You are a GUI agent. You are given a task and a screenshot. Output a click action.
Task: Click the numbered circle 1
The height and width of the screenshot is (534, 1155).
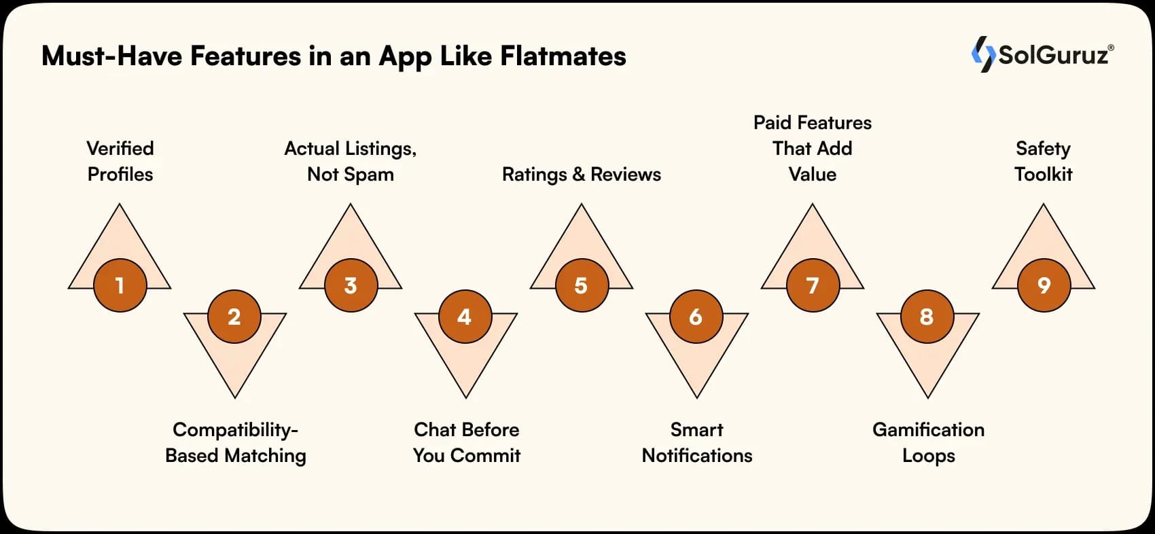120,285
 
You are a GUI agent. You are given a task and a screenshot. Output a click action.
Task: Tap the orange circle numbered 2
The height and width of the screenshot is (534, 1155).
234,317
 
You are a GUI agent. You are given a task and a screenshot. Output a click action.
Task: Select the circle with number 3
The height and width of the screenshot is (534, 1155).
351,285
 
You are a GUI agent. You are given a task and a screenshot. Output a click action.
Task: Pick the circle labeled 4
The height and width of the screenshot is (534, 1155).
465,317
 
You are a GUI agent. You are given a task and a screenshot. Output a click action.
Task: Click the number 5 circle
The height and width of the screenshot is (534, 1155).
582,285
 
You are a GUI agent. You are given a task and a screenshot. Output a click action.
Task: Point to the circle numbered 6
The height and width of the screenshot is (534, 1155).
696,317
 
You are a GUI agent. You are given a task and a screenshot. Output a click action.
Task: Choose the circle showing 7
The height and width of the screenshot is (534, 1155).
813,285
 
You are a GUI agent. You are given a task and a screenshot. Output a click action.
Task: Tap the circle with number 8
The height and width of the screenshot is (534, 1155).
927,317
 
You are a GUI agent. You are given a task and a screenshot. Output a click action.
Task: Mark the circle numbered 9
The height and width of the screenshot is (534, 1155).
1044,285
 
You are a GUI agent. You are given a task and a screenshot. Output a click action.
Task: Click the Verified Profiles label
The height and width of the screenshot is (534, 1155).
120,161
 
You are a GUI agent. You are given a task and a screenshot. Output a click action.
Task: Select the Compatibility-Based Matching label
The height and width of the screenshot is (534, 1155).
235,442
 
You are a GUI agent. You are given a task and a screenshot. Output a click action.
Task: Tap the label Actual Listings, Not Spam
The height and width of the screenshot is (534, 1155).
351,161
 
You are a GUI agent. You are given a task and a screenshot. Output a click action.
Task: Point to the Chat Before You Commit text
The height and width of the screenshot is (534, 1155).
466,442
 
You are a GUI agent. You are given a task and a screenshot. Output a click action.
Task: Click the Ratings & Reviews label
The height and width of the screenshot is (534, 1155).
582,175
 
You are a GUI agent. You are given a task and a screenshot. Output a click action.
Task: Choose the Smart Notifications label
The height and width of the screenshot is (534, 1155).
697,442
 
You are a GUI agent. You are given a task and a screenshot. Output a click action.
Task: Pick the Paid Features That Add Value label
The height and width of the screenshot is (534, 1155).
813,148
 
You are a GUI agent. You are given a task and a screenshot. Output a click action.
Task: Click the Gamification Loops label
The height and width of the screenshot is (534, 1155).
928,442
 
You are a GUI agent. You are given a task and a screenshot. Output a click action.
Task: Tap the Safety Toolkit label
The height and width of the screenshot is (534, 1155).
1044,161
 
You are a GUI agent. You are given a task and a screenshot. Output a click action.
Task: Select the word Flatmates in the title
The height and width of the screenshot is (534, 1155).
563,56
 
